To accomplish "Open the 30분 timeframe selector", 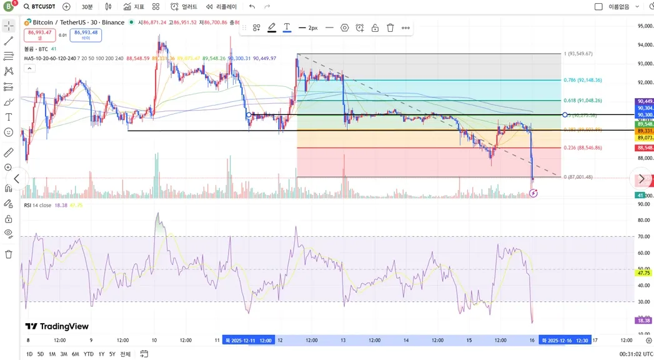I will click(87, 7).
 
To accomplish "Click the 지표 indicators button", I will click(134, 7).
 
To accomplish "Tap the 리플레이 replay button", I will click(222, 7).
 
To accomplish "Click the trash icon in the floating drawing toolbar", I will click(390, 28).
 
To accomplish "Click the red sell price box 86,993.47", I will click(40, 34).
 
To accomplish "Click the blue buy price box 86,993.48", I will click(86, 34).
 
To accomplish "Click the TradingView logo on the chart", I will click(57, 326).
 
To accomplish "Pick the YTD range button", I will click(89, 354).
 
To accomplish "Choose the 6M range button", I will click(76, 354).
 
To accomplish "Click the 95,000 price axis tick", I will click(645, 26).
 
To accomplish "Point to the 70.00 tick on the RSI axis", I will click(643, 236).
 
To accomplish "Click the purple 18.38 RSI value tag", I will click(643, 320).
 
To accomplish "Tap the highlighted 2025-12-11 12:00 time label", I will click(249, 340).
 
